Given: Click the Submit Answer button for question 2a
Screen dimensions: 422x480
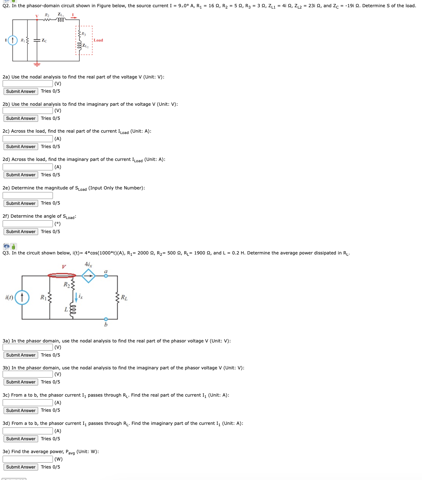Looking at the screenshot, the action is tap(21, 91).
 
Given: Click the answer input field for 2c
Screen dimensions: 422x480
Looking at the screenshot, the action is tap(28, 139).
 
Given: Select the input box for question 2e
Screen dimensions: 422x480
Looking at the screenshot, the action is tap(28, 195).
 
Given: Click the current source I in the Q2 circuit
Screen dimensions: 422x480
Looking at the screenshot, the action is tap(12, 40).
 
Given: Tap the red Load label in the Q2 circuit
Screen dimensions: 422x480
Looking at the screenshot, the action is tap(98, 40).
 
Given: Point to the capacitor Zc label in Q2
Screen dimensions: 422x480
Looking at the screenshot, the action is tap(44, 41).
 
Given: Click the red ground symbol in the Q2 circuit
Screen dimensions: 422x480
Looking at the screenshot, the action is tap(37, 64).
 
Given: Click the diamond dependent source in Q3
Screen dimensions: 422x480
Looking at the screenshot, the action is tap(88, 276).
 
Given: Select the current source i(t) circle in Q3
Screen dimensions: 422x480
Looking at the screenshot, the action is tap(22, 297).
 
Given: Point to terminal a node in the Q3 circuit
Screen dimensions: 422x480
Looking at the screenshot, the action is tap(106, 276).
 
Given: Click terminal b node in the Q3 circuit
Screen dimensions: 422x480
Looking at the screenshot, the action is tap(106, 319).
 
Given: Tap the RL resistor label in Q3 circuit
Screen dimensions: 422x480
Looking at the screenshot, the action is tap(124, 298).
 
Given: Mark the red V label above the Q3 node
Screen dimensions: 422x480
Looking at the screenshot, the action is tap(64, 267).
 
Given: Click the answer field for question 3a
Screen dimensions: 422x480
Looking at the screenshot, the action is tap(28, 347).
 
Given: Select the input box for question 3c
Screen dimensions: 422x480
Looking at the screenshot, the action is tap(28, 403).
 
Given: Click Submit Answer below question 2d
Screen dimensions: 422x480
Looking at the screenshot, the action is tap(21, 175).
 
